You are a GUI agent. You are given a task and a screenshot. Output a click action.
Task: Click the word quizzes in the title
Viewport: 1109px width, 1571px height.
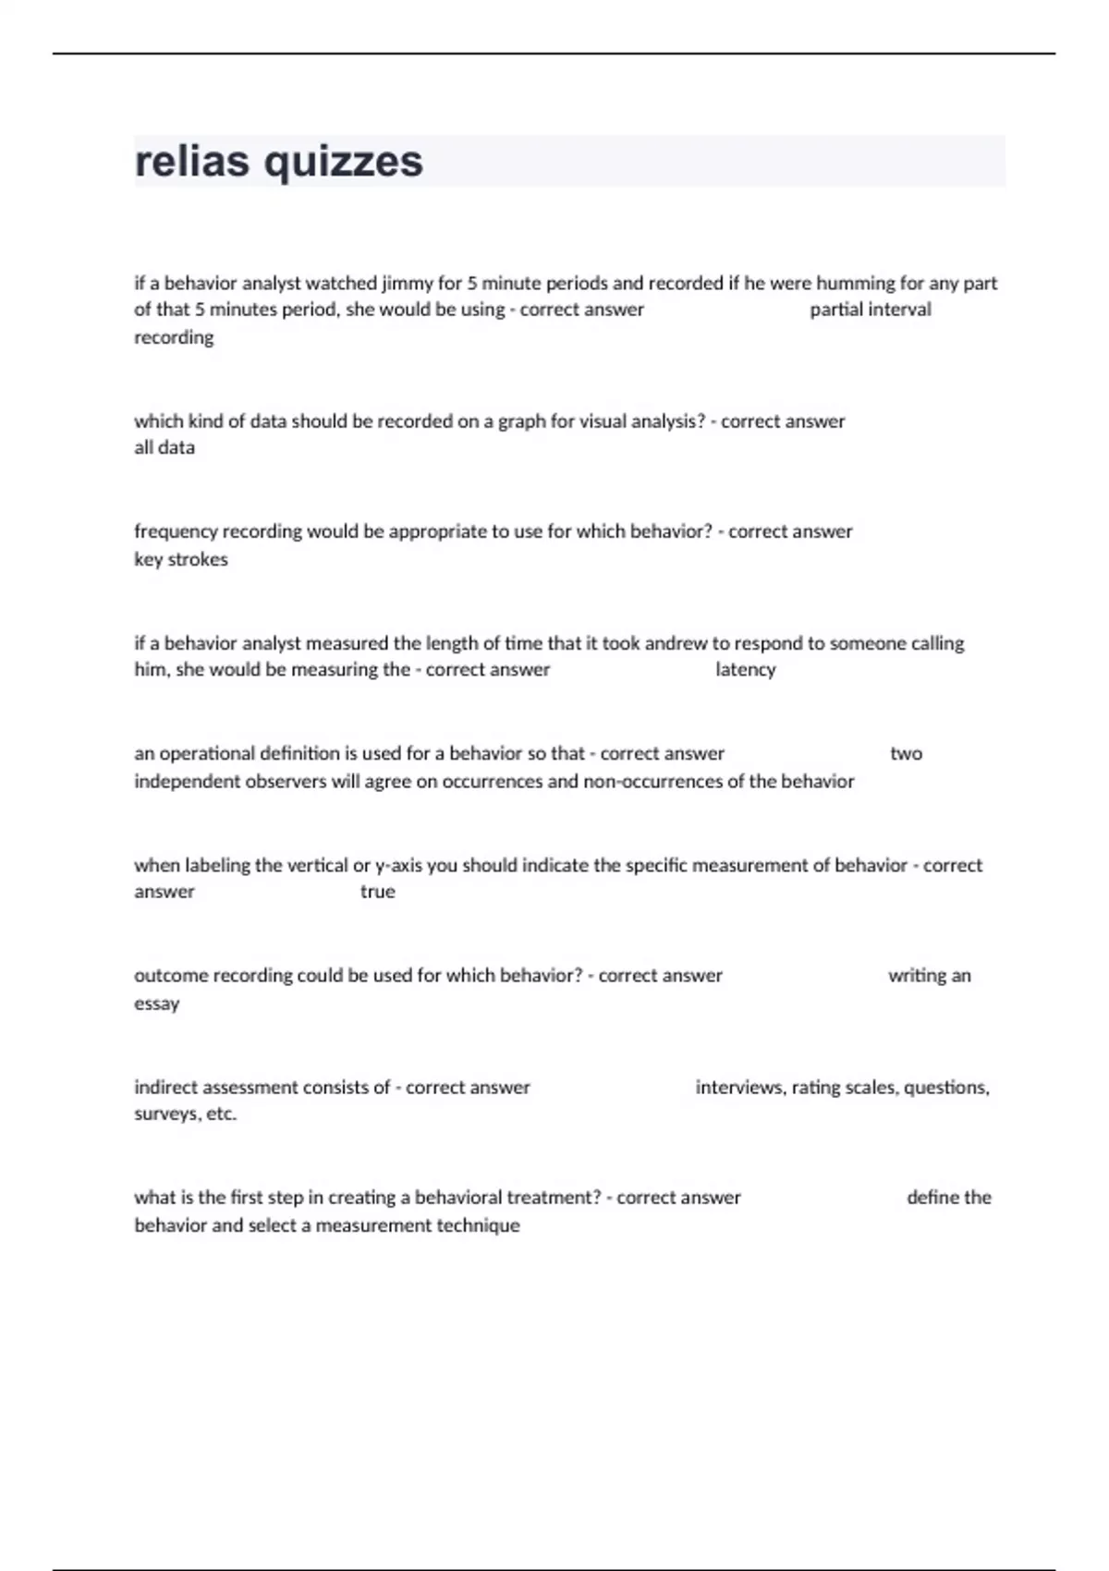click(344, 163)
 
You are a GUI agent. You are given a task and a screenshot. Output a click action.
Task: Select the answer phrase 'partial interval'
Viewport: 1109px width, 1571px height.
click(870, 310)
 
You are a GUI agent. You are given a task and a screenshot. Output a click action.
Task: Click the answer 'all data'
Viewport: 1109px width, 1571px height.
click(165, 447)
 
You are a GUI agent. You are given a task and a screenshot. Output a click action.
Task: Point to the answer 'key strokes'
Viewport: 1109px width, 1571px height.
click(181, 559)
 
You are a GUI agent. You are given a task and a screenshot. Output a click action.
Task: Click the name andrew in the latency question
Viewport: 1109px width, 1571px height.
click(676, 643)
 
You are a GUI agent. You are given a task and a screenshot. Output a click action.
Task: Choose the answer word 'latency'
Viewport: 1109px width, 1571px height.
click(745, 670)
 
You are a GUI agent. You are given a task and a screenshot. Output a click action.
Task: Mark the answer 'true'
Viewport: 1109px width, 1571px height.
click(377, 892)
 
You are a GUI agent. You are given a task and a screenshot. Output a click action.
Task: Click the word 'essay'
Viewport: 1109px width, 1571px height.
click(157, 1004)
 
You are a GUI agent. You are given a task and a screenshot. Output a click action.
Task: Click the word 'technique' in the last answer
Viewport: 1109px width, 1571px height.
click(477, 1225)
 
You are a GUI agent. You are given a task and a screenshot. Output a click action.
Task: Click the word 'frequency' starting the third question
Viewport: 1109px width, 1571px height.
click(175, 531)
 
